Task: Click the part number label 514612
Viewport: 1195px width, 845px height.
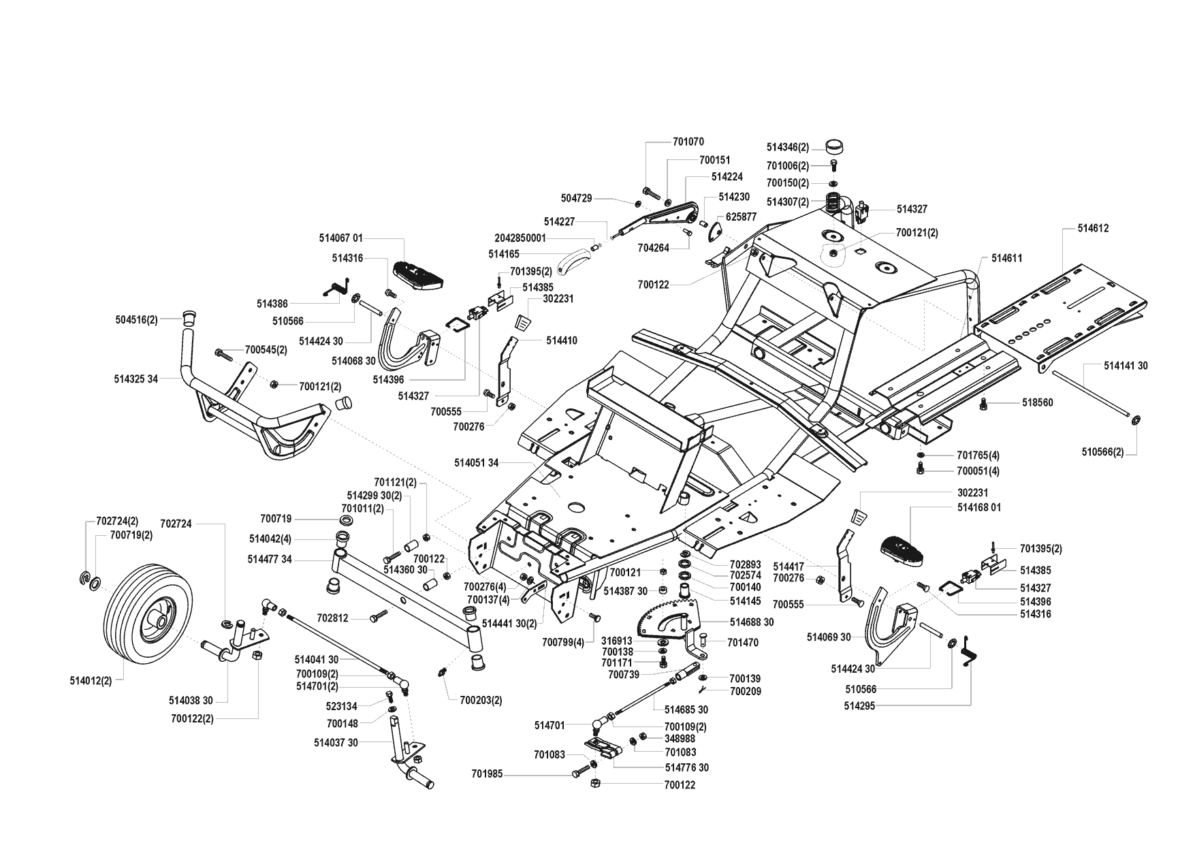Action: (x=1093, y=229)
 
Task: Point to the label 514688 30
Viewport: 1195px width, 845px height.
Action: (x=752, y=622)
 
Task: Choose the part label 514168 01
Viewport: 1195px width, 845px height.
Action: (x=978, y=507)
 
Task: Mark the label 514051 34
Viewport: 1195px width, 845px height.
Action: (x=477, y=463)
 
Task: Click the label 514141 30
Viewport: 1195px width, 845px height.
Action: (x=1126, y=366)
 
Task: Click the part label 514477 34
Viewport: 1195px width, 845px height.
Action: (x=270, y=559)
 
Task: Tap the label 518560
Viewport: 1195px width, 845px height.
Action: (x=1037, y=403)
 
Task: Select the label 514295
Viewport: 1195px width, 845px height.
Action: (x=859, y=706)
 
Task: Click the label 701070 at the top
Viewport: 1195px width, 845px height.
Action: (x=688, y=142)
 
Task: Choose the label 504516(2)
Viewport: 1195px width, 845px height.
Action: (x=136, y=320)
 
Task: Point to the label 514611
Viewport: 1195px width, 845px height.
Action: (x=1006, y=259)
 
